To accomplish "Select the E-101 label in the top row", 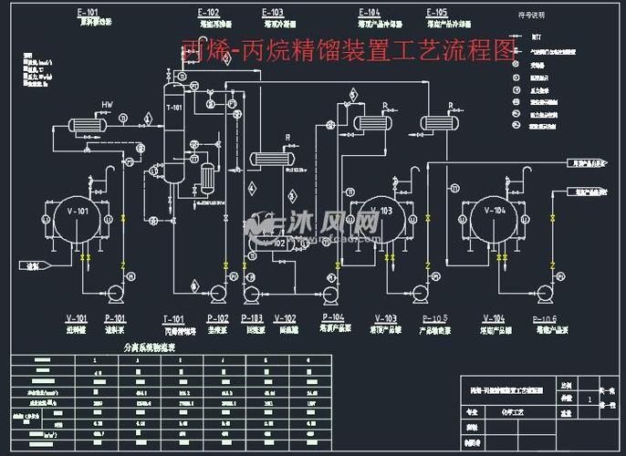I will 88,13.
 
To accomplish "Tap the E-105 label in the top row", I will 436,13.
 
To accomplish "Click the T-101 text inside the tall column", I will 173,109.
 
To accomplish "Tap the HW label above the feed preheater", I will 106,103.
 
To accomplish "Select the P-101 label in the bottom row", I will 114,318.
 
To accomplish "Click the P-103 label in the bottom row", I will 253,318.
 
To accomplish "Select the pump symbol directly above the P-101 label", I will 115,293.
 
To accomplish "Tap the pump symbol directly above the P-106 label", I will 544,293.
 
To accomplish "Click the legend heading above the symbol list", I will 531,16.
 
